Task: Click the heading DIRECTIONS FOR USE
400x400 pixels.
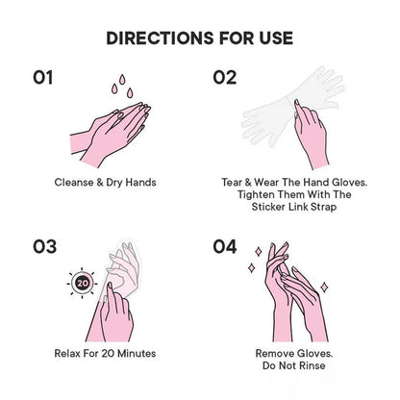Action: click(x=199, y=39)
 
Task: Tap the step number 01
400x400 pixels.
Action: click(x=44, y=78)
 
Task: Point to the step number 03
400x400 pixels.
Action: click(x=44, y=245)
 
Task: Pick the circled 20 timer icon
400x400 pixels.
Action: click(x=84, y=283)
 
